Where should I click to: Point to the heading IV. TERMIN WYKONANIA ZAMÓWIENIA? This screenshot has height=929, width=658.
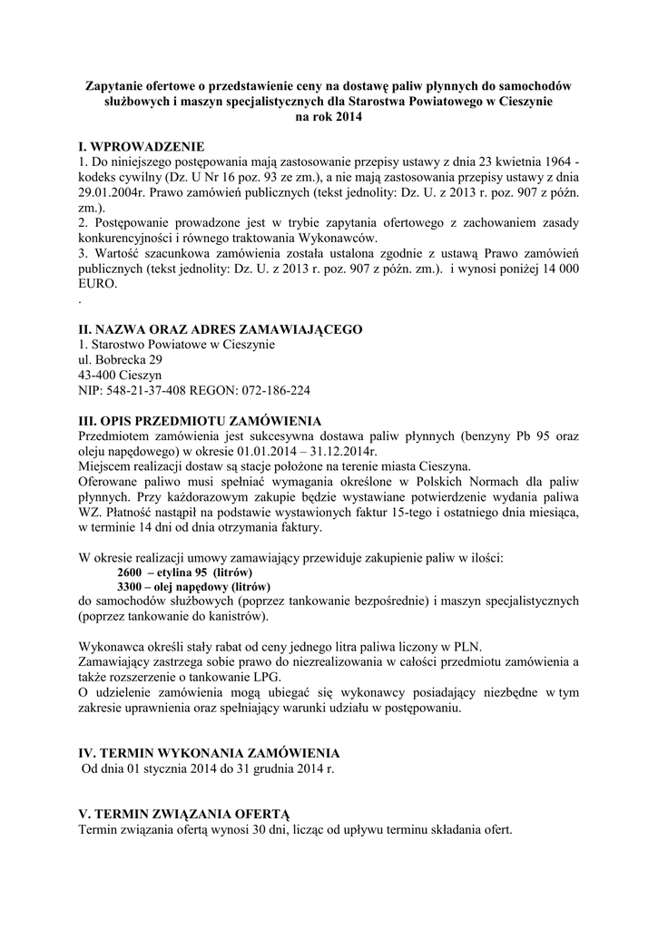pyautogui.click(x=210, y=753)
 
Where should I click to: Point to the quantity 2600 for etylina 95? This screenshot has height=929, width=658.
pyautogui.click(x=131, y=573)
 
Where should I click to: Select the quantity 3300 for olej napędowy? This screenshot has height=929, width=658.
pyautogui.click(x=131, y=588)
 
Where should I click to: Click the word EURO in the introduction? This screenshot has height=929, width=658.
pyautogui.click(x=97, y=283)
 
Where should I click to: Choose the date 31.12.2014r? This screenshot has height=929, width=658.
pyautogui.click(x=340, y=451)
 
